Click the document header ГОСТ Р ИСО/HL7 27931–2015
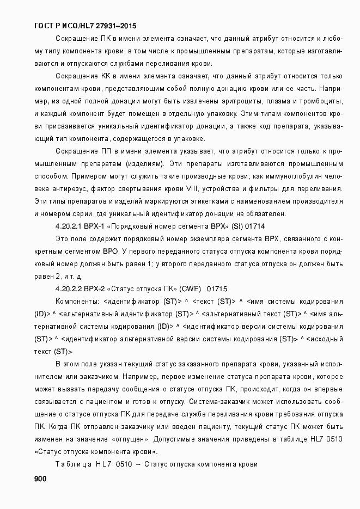[86, 26]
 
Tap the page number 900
[40, 479]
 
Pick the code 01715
[217, 288]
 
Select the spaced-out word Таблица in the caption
[73, 464]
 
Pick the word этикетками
[205, 201]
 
